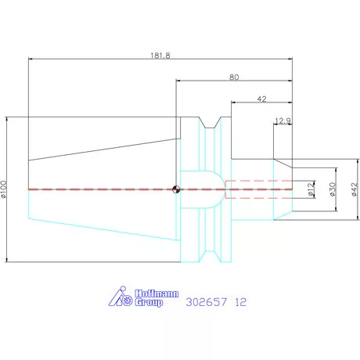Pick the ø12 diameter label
pyautogui.click(x=311, y=189)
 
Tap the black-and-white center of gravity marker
pyautogui.click(x=177, y=189)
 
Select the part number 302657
pyautogui.click(x=206, y=300)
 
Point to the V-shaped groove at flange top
pyautogui.click(x=207, y=124)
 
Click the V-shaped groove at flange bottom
pyautogui.click(x=207, y=255)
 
